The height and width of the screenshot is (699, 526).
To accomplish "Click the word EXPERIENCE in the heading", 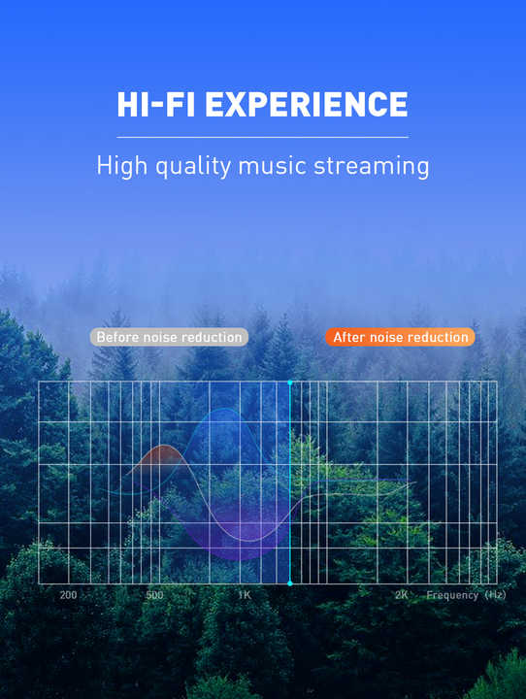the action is click(307, 104).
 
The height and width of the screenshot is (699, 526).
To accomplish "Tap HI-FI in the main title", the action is click(156, 104).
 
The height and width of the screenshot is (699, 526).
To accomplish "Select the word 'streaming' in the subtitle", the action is click(372, 167).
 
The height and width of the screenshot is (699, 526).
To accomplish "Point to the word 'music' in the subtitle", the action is click(273, 166).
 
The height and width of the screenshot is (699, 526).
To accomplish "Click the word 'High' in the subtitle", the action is click(121, 167).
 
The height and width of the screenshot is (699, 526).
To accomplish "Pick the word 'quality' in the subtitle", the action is click(193, 167).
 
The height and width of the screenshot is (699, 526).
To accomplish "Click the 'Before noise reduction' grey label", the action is click(169, 337).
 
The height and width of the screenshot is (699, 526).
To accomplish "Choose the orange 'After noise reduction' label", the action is click(400, 337).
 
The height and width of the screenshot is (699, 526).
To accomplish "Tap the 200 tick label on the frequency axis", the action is click(68, 595).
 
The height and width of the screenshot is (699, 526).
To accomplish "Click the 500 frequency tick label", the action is click(154, 595).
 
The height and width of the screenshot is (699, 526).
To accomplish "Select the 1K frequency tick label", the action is click(245, 595).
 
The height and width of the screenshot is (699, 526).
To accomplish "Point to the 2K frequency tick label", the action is click(401, 595).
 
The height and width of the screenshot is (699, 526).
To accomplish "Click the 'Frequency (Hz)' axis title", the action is click(466, 595).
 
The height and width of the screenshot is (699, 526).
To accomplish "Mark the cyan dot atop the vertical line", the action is click(290, 383).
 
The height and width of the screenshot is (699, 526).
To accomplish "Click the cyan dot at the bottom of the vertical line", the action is click(290, 583).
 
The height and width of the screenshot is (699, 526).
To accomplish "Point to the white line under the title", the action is click(263, 137).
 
